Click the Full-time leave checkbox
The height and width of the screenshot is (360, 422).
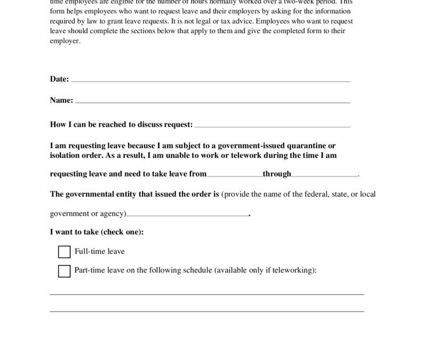click(x=64, y=252)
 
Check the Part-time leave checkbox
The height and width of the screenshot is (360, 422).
click(x=64, y=271)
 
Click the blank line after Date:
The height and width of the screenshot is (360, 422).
click(x=211, y=81)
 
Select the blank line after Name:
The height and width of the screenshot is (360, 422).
click(x=212, y=101)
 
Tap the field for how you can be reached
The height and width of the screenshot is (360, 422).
click(x=273, y=126)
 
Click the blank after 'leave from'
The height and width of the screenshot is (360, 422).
click(x=234, y=175)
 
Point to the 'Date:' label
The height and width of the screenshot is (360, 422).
click(x=59, y=79)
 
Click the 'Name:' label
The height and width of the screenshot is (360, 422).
click(x=61, y=100)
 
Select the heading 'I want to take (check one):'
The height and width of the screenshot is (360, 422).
click(x=97, y=232)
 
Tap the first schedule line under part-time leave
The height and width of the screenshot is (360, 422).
click(x=207, y=294)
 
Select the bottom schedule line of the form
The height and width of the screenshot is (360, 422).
click(x=207, y=311)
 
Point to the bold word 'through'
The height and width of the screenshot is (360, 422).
click(x=277, y=174)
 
